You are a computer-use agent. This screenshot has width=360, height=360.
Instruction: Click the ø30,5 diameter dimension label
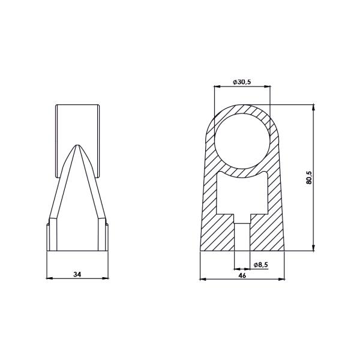(x=242, y=82)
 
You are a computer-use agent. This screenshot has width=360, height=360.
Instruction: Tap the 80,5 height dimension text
(x=308, y=178)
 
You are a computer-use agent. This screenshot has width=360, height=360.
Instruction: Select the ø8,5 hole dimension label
(x=262, y=265)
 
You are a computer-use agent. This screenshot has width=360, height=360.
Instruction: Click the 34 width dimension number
(x=77, y=274)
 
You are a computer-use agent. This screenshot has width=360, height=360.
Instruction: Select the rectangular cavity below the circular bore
(x=242, y=195)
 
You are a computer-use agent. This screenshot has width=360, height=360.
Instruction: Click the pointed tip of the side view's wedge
(x=77, y=145)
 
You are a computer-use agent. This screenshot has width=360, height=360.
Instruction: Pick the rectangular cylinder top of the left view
(x=77, y=123)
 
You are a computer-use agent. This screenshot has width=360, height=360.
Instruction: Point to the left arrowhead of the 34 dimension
(x=49, y=278)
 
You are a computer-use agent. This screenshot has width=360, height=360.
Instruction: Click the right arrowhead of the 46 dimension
(x=282, y=279)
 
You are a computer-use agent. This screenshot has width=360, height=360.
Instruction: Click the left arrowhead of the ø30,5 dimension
(x=216, y=86)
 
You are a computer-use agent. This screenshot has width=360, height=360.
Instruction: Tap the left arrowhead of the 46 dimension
(x=201, y=279)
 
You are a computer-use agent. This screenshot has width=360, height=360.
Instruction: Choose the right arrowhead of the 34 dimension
(x=107, y=278)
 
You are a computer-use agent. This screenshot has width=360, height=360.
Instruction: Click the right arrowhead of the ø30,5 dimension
(x=268, y=86)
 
